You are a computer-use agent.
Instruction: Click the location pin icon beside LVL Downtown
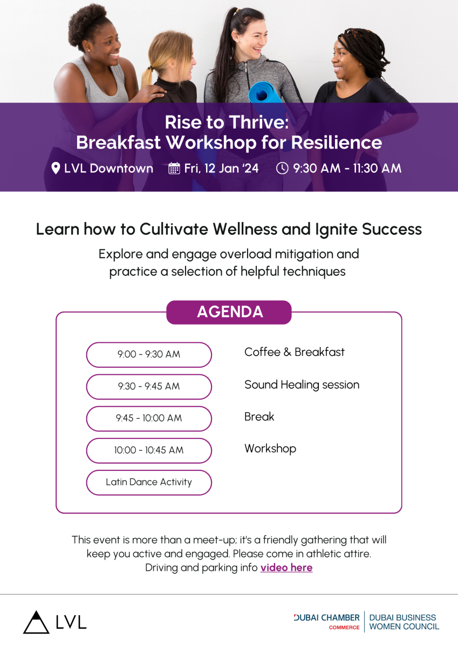point(56,168)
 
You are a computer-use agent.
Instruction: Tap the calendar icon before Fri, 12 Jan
point(174,168)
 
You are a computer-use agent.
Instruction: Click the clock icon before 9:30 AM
point(282,168)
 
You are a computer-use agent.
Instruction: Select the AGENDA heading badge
point(229,312)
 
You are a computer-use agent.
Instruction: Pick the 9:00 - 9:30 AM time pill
point(149,355)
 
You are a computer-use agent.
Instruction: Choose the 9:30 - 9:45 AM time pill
point(149,387)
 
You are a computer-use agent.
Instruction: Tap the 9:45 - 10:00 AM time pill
point(149,418)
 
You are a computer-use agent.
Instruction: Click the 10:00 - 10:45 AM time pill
point(149,450)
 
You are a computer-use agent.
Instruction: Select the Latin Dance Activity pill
point(149,483)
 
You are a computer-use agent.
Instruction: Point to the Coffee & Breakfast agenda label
point(295,352)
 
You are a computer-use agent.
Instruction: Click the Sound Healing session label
point(302,385)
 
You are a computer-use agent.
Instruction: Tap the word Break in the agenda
point(259,416)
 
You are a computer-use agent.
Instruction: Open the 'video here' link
point(286,568)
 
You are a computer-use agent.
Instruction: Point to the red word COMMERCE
point(344,627)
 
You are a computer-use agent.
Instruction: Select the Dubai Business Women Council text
point(404,622)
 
